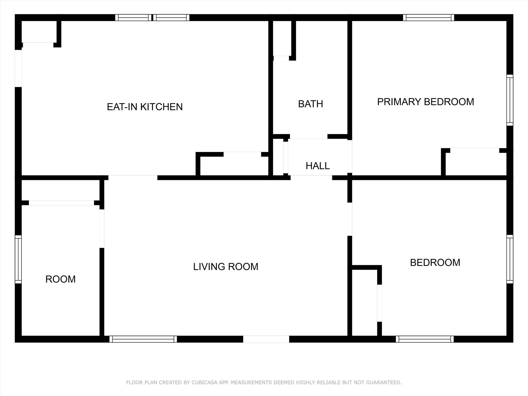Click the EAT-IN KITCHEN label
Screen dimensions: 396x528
coord(145,107)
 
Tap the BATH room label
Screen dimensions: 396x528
coord(310,104)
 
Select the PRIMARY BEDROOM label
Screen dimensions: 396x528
coord(425,102)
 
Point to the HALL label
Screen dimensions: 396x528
coord(317,166)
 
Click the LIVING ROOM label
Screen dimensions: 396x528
coord(226,267)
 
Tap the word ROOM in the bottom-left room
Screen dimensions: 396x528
coord(60,279)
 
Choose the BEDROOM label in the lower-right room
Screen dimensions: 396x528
coord(435,262)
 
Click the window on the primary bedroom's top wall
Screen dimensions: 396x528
coord(428,18)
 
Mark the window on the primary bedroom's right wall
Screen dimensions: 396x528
coord(510,100)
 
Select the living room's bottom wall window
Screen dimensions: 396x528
coord(143,339)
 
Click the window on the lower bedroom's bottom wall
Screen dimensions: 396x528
coord(425,339)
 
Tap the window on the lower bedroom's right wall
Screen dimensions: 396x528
coord(510,259)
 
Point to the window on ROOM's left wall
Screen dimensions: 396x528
coord(18,259)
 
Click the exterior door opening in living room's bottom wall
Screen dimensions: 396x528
coord(266,339)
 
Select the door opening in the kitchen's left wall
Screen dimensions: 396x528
coord(18,68)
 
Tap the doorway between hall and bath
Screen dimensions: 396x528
coord(309,137)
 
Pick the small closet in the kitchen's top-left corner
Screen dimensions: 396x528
coord(39,31)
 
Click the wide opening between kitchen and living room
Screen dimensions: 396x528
coord(133,178)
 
